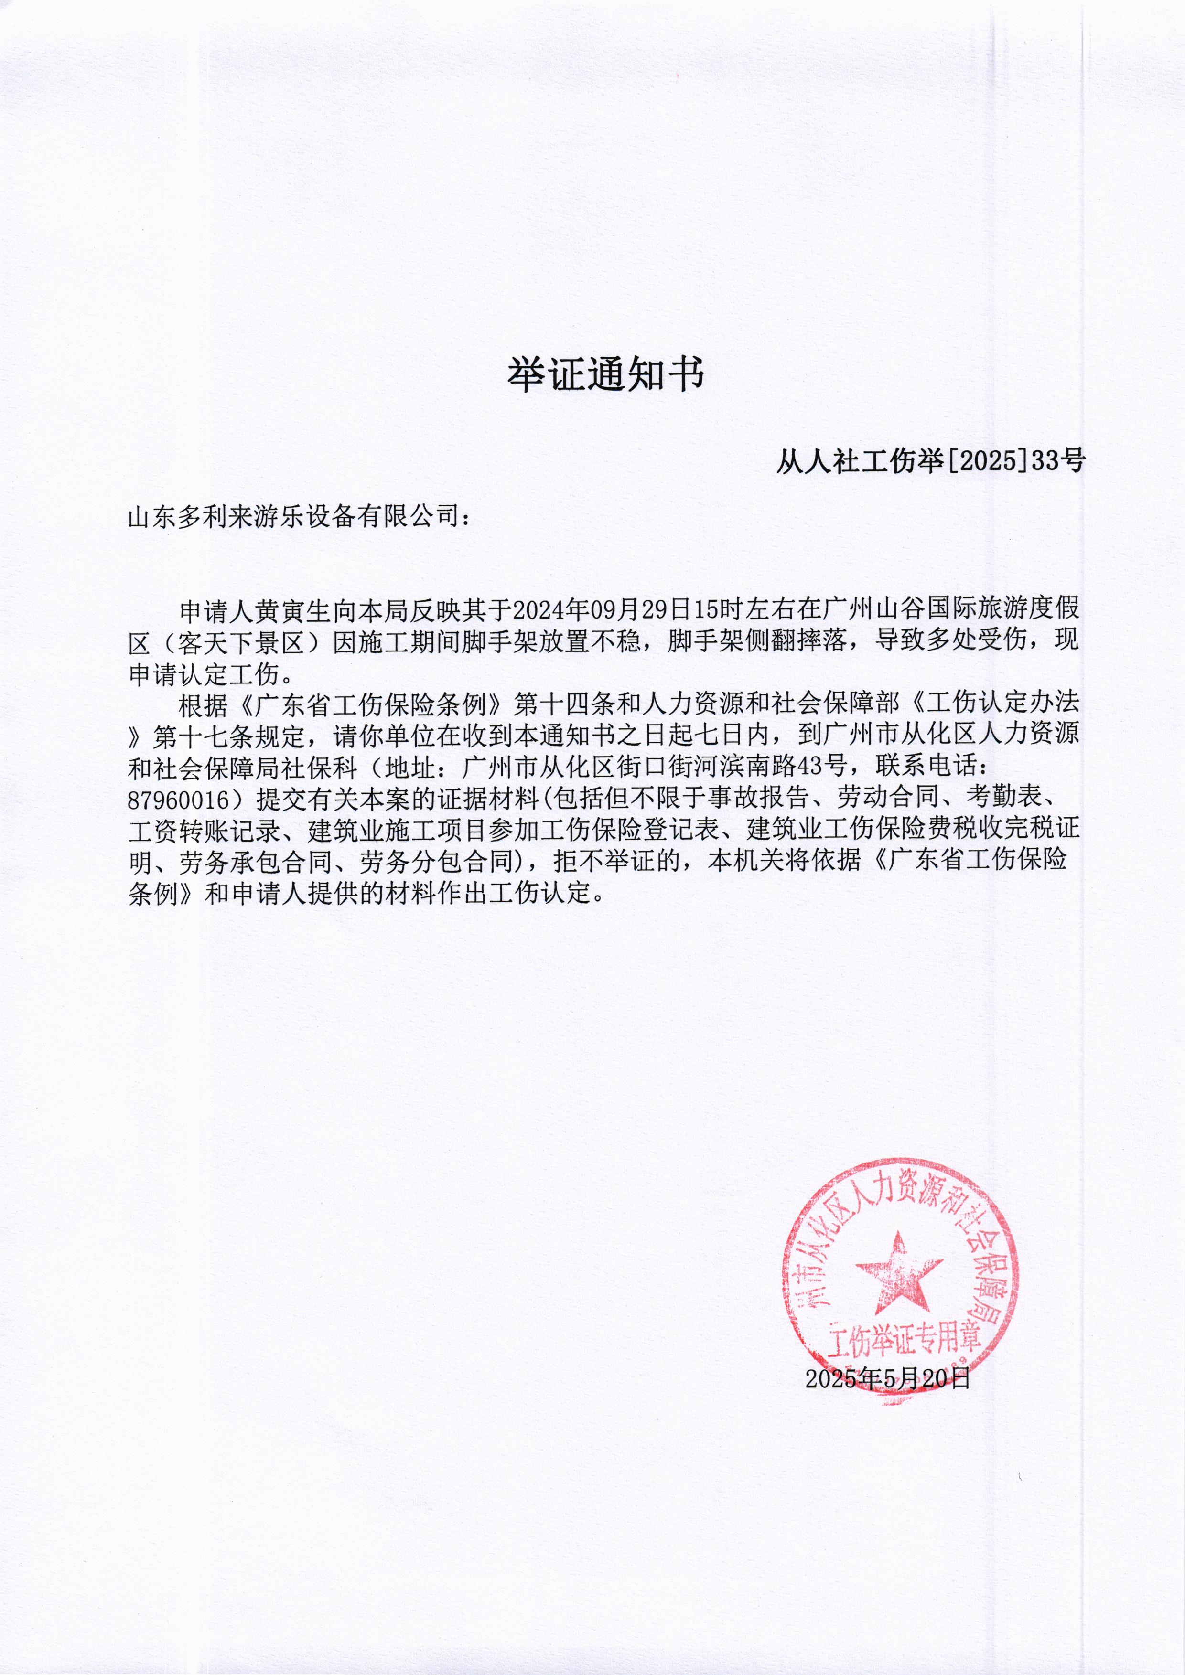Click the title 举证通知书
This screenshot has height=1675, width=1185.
605,376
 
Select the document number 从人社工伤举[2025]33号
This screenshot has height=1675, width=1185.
930,461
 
